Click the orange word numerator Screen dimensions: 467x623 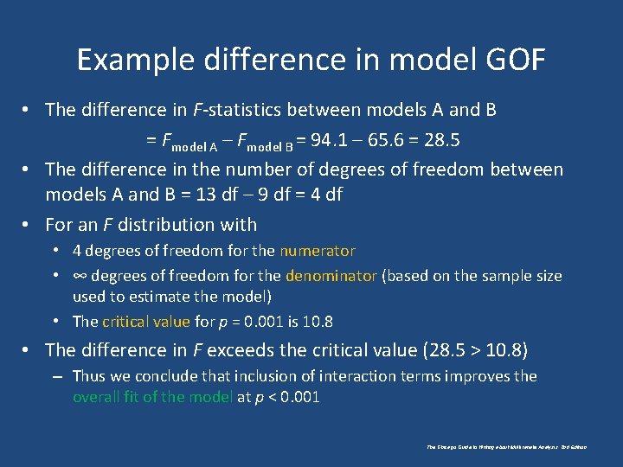point(317,251)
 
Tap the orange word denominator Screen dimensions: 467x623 point(331,276)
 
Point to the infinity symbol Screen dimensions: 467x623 point(80,276)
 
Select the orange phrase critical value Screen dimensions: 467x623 point(145,322)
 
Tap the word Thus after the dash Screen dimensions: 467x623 point(89,376)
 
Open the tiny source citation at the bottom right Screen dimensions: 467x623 point(507,447)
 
